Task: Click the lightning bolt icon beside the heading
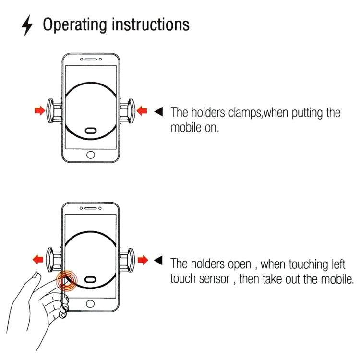pos(28,27)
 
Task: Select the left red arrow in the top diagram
pos(39,111)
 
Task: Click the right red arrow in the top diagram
pos(143,111)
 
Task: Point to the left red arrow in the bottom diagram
pos(38,260)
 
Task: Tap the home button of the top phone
pos(91,155)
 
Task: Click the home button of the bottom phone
pos(91,304)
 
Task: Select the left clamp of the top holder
pos(52,111)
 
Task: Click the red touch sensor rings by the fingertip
pos(67,280)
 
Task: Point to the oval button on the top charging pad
pos(91,131)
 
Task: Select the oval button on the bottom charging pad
pos(91,280)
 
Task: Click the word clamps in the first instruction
pos(245,113)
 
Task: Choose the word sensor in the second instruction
pos(214,278)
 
